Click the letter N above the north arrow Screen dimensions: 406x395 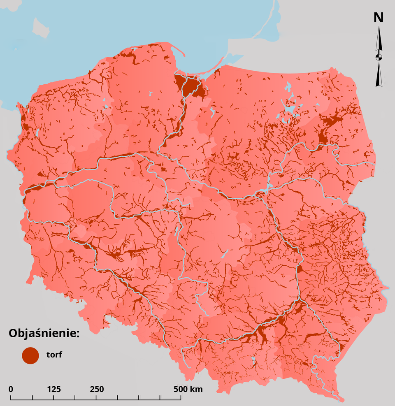click(379, 17)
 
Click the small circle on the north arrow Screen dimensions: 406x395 click(379, 57)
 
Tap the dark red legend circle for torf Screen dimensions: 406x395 click(30, 355)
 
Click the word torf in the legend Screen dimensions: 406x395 click(54, 354)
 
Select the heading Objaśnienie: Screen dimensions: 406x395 click(44, 333)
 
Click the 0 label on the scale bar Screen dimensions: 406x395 click(11, 389)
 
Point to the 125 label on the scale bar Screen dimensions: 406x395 click(54, 389)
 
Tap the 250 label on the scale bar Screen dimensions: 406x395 click(97, 389)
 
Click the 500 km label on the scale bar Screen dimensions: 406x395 click(188, 389)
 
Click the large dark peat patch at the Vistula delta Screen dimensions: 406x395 click(191, 87)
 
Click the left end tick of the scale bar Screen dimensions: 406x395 click(11, 397)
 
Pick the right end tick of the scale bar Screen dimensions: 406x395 click(181, 397)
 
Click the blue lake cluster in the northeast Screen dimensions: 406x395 click(290, 109)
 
